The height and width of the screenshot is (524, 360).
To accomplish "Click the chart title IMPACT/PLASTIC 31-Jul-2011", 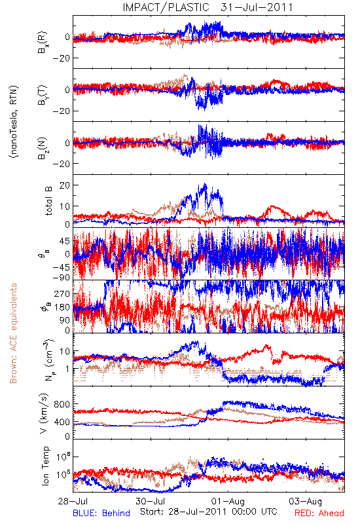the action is coord(207,7).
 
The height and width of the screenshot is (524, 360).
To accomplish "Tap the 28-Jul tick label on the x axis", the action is coord(73,501).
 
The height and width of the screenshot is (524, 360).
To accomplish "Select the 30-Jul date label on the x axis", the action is coord(151,501).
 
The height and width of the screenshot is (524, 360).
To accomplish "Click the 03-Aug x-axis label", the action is coord(306,501).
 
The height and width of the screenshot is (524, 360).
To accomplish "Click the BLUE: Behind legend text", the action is coord(101,513).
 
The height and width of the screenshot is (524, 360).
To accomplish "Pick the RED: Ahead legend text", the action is coord(319,513).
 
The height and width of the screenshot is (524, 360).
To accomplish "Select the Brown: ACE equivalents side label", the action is coord(13,333).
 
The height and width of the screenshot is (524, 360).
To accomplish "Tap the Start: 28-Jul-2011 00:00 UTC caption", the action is coord(208,512).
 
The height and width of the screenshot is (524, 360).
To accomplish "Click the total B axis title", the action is coord(48,200).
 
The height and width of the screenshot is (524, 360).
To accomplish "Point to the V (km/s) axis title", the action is coord(44,413).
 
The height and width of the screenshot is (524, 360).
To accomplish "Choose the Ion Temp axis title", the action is coord(45,466).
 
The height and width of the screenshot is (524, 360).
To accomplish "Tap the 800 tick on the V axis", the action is coord(62,404).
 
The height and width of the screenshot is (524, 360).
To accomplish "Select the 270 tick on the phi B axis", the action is coord(62,293).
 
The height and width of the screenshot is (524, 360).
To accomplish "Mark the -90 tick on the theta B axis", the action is coord(61,277).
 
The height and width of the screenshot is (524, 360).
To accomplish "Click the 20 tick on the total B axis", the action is coord(64,185).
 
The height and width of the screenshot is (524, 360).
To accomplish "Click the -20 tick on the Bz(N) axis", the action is coord(61,164).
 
